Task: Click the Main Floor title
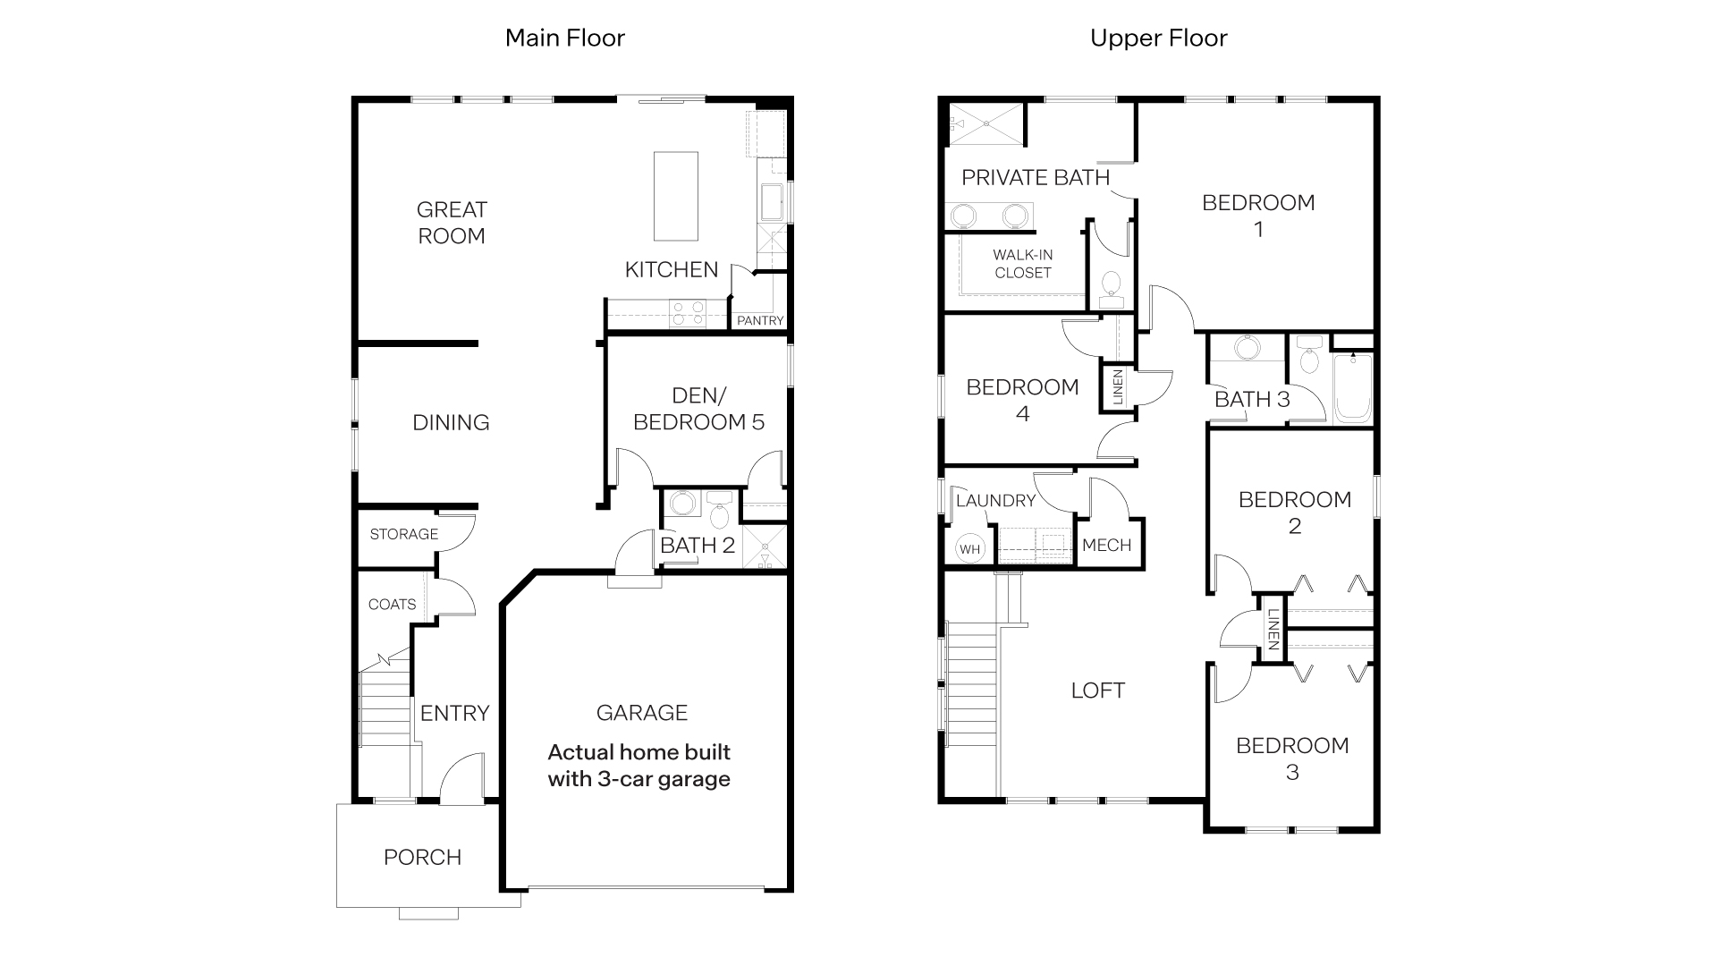(x=564, y=38)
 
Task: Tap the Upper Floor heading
(x=1158, y=38)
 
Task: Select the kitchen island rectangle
(x=675, y=196)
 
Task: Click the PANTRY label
(x=760, y=320)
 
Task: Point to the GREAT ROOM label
(x=452, y=223)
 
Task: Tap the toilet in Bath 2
(x=718, y=513)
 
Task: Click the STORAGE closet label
(x=403, y=534)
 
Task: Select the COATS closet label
(x=392, y=605)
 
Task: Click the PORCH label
(x=422, y=857)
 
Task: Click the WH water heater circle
(x=970, y=549)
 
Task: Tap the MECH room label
(x=1106, y=545)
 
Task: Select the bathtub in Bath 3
(x=1352, y=389)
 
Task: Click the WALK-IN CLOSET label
(x=1022, y=264)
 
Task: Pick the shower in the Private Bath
(x=985, y=123)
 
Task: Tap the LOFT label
(x=1097, y=691)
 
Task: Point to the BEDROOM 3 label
(x=1292, y=758)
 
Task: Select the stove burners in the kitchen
(x=689, y=313)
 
